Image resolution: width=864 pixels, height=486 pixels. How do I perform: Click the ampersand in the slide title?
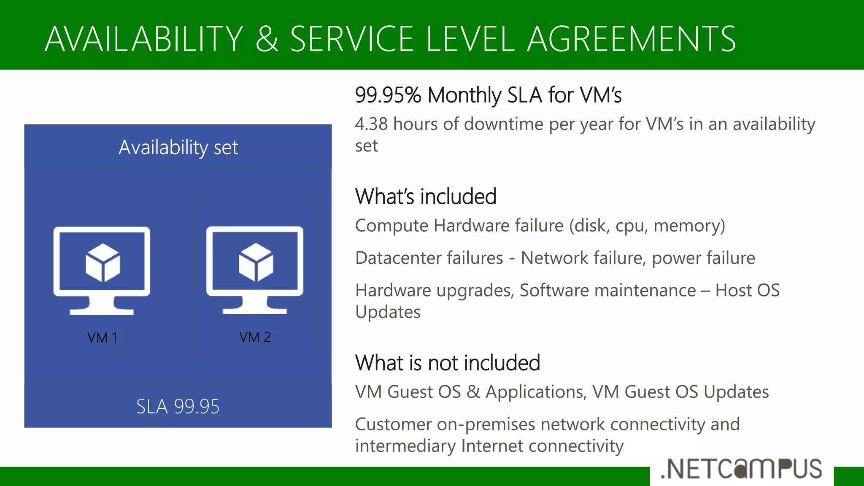tap(267, 39)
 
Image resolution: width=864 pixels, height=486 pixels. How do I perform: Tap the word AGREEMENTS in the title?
tap(632, 39)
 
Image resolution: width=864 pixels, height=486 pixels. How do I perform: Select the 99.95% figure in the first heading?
tap(388, 95)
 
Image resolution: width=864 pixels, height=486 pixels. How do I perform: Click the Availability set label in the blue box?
tap(178, 147)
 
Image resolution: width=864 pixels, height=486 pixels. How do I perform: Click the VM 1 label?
tap(102, 337)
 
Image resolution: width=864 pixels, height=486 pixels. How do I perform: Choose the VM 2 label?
tap(255, 337)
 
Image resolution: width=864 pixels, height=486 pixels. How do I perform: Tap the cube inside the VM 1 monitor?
tap(103, 263)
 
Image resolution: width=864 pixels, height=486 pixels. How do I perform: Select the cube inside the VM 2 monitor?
tap(256, 262)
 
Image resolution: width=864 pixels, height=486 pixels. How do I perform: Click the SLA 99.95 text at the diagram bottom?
tap(178, 406)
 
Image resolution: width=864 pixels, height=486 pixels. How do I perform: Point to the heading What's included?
tap(426, 197)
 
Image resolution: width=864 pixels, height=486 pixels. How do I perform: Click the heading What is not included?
tap(448, 363)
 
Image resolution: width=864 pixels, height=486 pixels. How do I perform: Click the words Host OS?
tap(747, 290)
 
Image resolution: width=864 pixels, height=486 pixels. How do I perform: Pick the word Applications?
tap(535, 392)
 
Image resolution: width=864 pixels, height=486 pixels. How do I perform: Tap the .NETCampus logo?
tap(741, 469)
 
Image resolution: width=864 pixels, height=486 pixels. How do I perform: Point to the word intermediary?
tap(405, 446)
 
